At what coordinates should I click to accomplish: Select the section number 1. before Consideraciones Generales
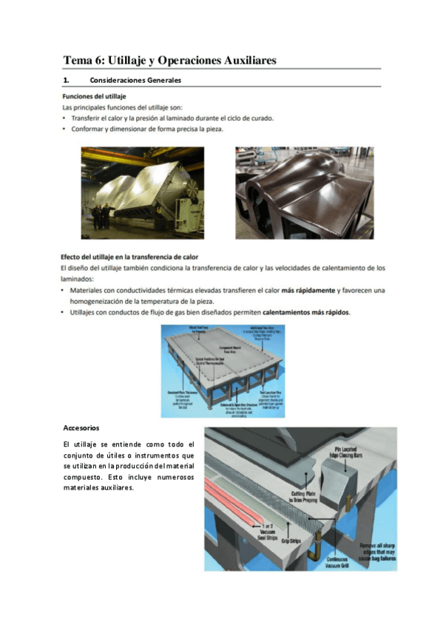click(x=66, y=80)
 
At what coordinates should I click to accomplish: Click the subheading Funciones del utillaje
click(x=94, y=96)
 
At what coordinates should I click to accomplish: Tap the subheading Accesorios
click(x=81, y=428)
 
